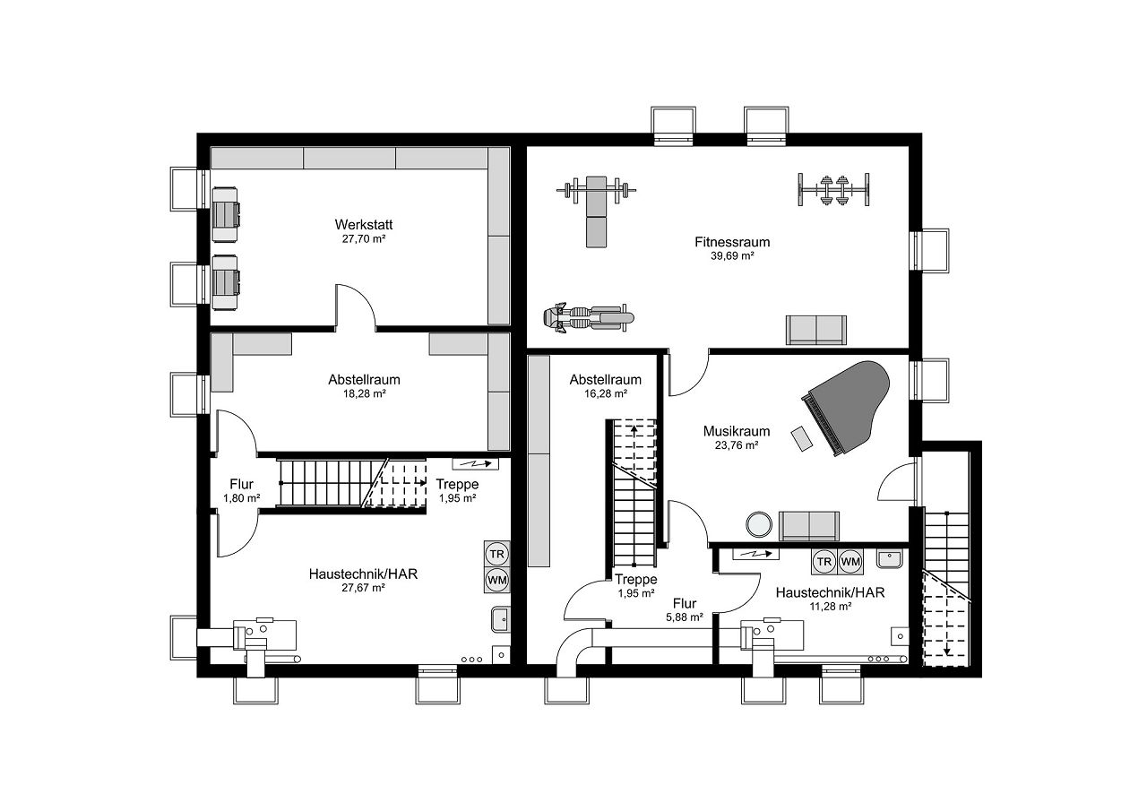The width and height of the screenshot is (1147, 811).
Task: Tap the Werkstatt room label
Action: coord(364,224)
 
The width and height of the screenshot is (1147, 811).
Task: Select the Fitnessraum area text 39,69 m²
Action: coord(732,256)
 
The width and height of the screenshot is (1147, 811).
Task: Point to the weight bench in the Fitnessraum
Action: coord(596,210)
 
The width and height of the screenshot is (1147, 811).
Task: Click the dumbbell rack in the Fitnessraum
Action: coord(833,189)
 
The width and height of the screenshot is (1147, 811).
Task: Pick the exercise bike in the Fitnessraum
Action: coord(589,318)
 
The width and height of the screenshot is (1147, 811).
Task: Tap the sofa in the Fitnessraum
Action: coord(816,331)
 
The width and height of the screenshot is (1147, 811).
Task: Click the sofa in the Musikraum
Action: coord(809,526)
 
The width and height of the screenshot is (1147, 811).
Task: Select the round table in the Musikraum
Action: coord(759,525)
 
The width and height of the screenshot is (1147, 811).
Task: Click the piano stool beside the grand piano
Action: coord(801,438)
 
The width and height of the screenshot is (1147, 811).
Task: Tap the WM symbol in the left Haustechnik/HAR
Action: coord(497,580)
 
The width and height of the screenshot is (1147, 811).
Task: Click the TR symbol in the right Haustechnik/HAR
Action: coord(824,562)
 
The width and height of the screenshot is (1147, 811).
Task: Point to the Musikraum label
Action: coord(737,431)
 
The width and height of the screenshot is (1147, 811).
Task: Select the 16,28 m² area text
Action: coord(606,393)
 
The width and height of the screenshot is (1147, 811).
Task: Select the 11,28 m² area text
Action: coord(830,606)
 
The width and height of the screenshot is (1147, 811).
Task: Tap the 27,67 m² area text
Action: coord(364,588)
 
